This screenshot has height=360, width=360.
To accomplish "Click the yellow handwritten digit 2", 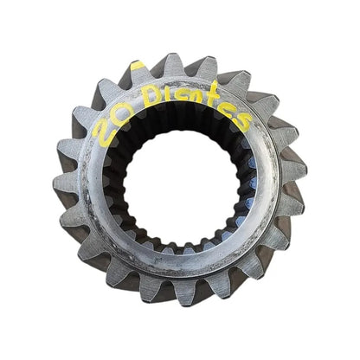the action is (102, 129).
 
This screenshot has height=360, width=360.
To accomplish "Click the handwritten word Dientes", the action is (196, 107).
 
